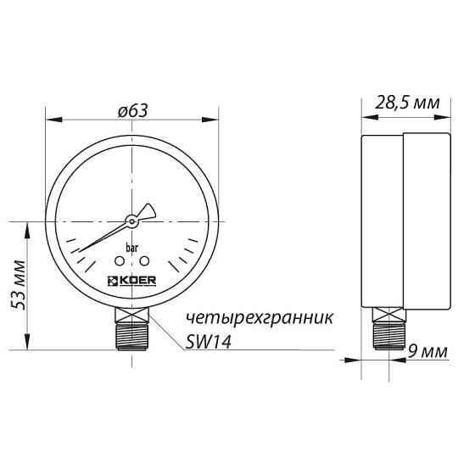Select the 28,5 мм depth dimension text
coord(406,103)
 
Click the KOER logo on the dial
coord(131,281)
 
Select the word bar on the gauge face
coord(132,249)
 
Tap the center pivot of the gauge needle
coord(132,221)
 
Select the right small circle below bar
coord(144,261)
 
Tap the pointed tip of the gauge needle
coord(74,251)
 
